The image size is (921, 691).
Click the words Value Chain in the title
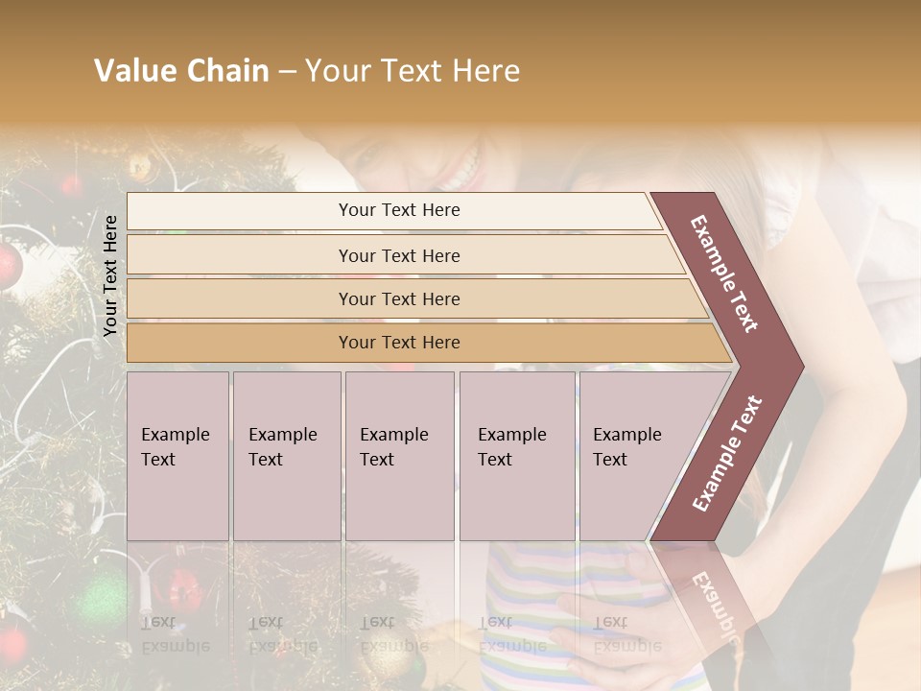181,71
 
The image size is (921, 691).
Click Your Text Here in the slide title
413,71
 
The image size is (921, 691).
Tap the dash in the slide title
287,72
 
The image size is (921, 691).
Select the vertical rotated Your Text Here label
110,275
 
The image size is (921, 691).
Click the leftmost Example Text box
177,456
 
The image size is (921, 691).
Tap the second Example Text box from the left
287,456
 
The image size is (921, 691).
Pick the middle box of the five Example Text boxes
399,456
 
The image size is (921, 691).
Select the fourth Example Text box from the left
517,456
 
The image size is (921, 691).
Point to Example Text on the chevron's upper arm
724,273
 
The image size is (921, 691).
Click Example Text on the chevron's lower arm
727,453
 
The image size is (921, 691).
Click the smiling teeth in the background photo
459,173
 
